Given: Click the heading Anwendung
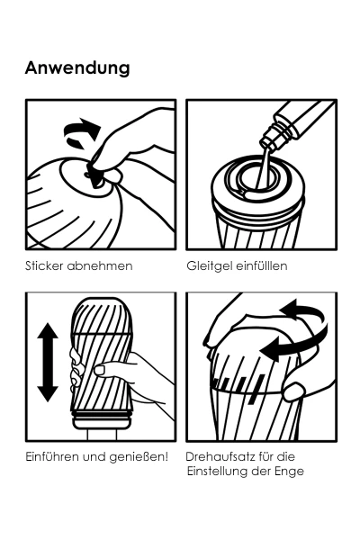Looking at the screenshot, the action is click(x=77, y=68).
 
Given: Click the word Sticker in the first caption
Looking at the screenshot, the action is click(x=44, y=265).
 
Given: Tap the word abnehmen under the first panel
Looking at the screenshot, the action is click(x=100, y=265).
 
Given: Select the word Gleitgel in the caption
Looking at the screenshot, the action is click(x=209, y=266).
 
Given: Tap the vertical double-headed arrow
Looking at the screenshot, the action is click(x=48, y=363).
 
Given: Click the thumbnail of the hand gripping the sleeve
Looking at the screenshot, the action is click(x=99, y=370).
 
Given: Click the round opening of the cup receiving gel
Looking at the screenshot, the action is click(x=256, y=178).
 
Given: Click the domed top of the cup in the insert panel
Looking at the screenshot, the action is click(x=102, y=316).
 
